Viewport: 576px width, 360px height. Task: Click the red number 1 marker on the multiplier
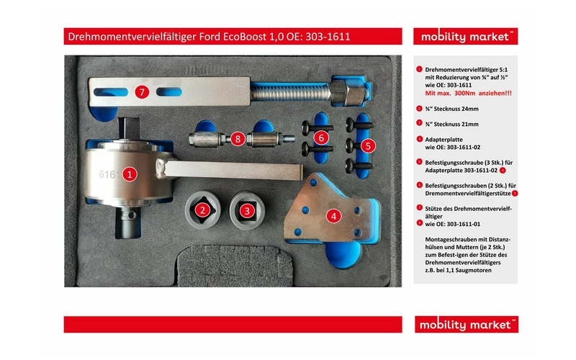coord(130,174)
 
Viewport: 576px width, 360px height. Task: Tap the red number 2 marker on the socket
coord(202,210)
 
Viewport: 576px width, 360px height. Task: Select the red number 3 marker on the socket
coord(247,211)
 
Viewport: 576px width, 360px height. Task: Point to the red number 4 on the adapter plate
coord(333,216)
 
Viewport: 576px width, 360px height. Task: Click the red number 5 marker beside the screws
coord(368,146)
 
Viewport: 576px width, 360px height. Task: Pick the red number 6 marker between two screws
coord(321,138)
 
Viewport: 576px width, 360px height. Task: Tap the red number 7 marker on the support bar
coord(142,91)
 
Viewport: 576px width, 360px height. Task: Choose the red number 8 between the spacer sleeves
coord(238,139)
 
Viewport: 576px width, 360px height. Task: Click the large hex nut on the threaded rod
coord(346,93)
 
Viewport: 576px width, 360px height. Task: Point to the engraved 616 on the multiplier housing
coord(107,174)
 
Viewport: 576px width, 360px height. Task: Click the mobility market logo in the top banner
coord(465,37)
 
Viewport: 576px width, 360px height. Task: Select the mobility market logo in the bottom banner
coord(466,325)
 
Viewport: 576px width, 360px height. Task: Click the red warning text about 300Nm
coord(469,94)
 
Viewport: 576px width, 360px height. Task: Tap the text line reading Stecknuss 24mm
coord(452,109)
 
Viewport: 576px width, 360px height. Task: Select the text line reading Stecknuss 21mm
coord(452,124)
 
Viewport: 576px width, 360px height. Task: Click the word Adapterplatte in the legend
coord(444,140)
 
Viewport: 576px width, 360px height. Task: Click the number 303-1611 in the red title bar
coord(328,37)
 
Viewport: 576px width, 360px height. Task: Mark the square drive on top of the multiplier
coord(130,128)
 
